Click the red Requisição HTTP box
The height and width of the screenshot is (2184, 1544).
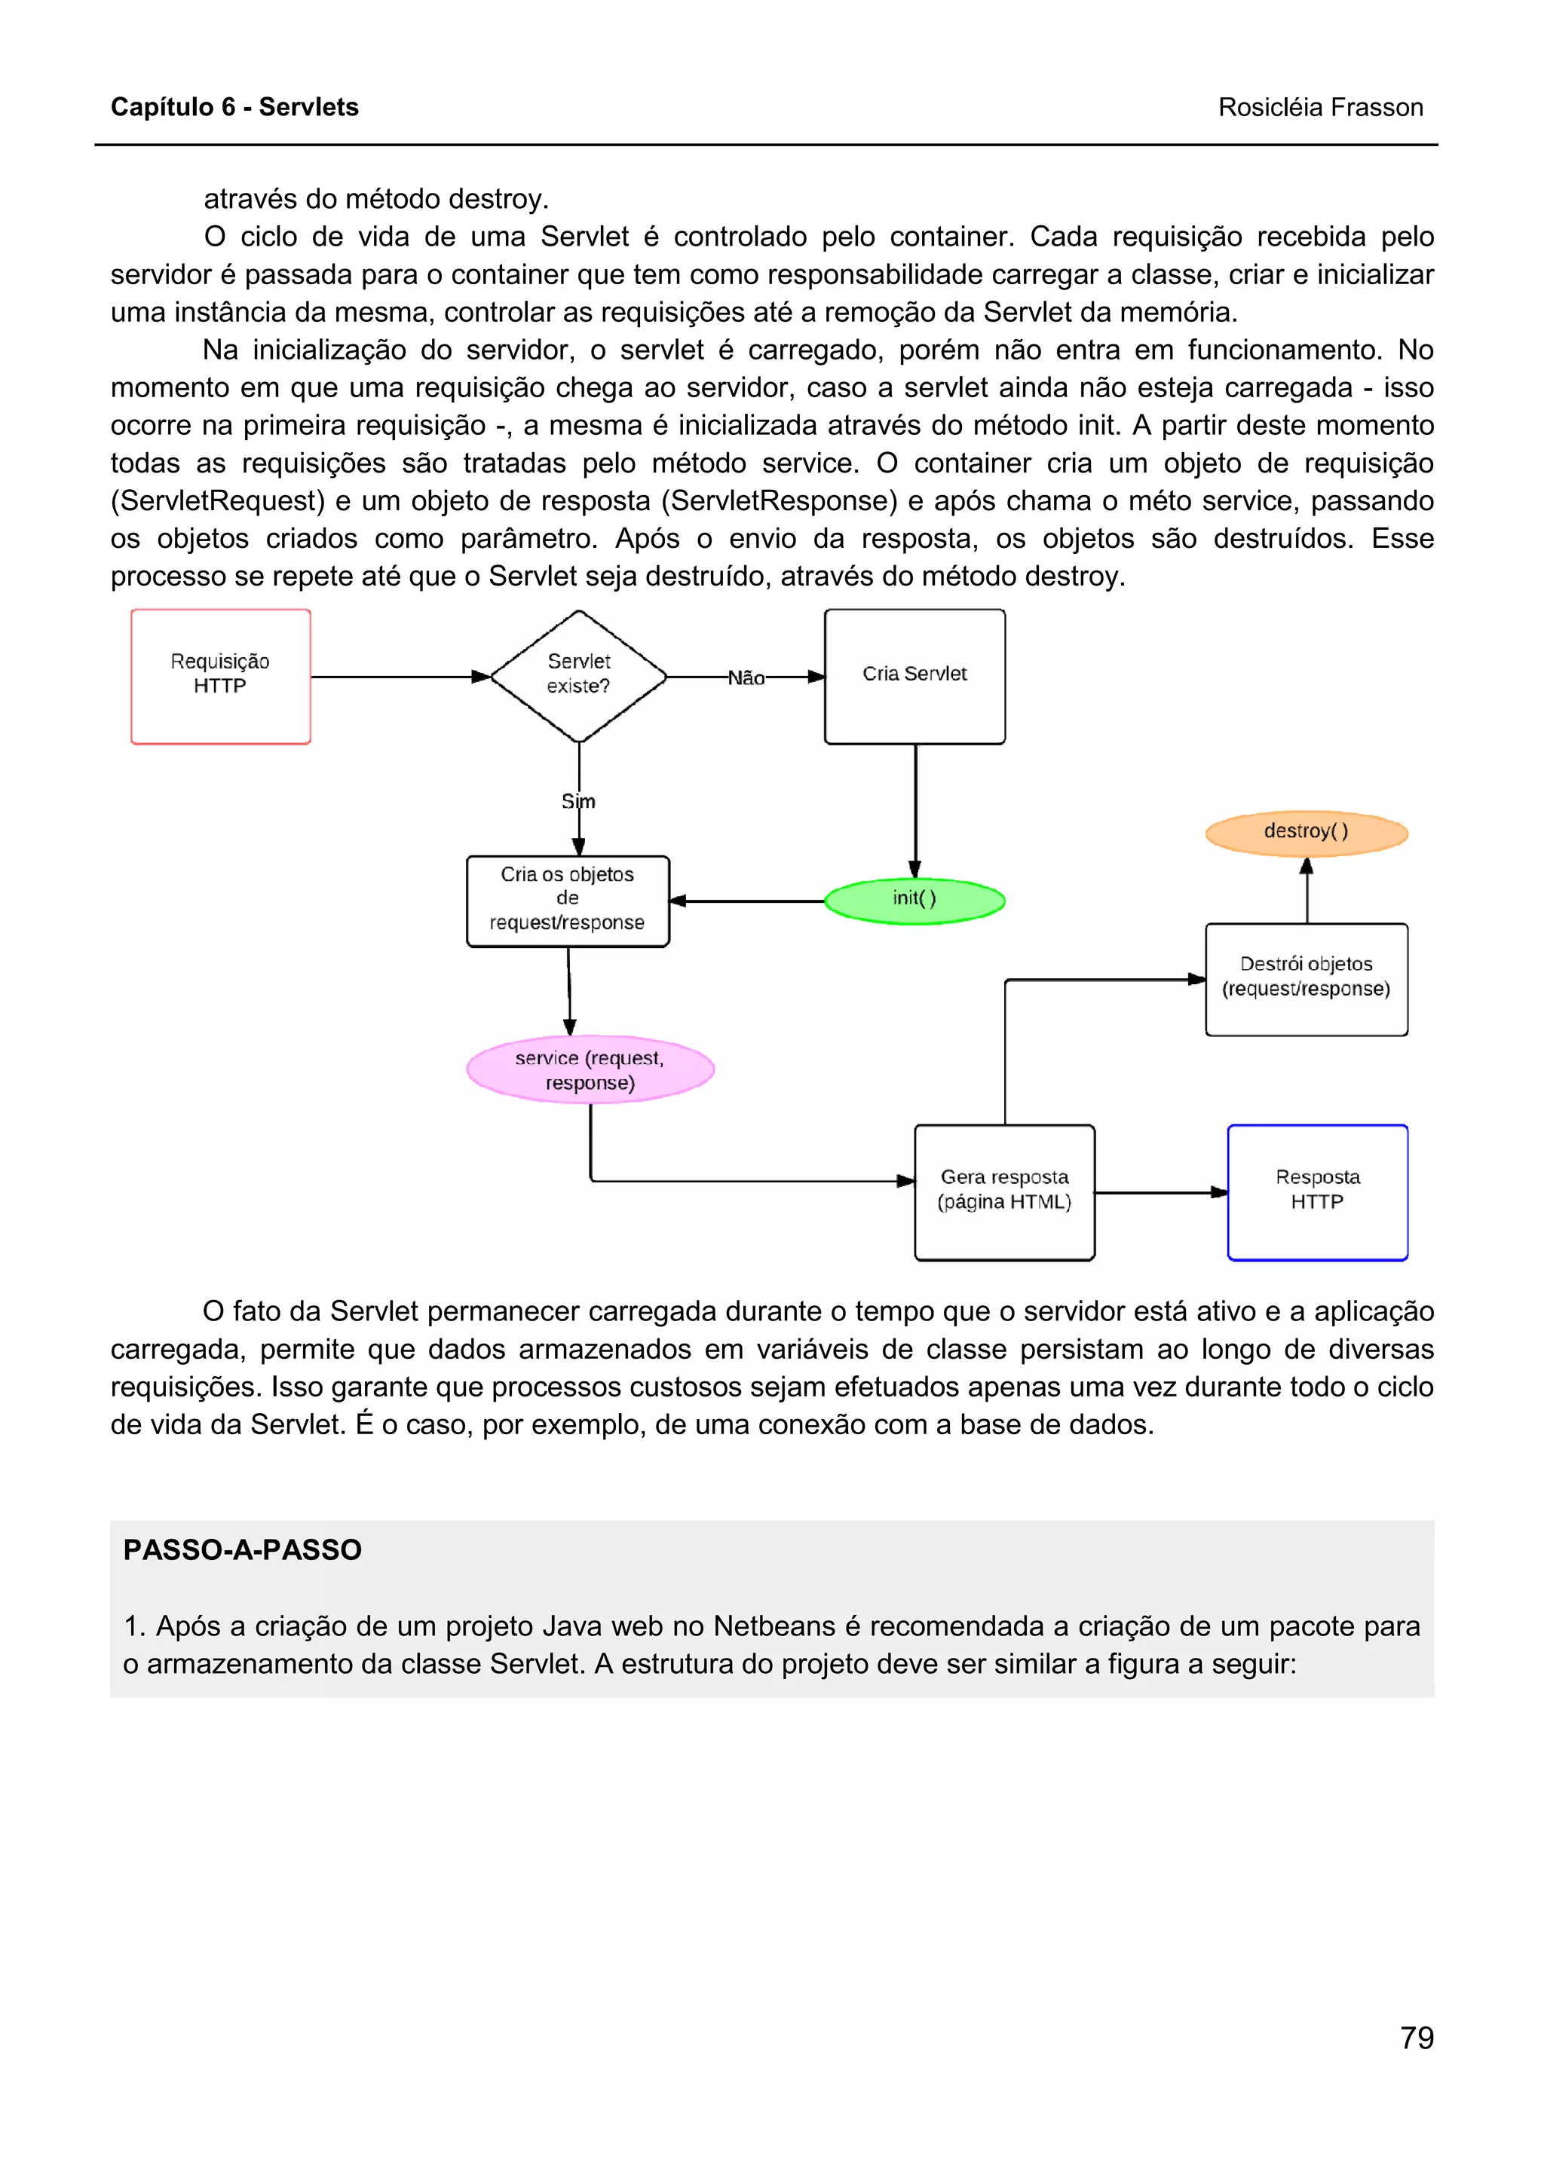coord(221,676)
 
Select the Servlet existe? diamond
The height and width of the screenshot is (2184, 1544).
coord(578,675)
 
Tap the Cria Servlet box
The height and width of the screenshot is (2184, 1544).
coord(914,676)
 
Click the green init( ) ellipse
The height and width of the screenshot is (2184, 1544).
coord(914,900)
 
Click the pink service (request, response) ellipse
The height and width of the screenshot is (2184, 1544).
coord(590,1070)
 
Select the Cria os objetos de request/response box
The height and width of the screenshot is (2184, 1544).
coord(568,900)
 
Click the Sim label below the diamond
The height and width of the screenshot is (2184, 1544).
coord(578,802)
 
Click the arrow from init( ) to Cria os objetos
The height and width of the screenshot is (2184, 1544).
coord(748,901)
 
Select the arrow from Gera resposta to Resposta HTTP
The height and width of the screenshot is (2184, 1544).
coord(1160,1192)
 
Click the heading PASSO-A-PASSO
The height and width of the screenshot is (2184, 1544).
coord(243,1550)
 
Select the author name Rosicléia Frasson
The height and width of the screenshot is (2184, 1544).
coord(1320,108)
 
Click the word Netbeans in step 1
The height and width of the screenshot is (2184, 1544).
coord(770,1626)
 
